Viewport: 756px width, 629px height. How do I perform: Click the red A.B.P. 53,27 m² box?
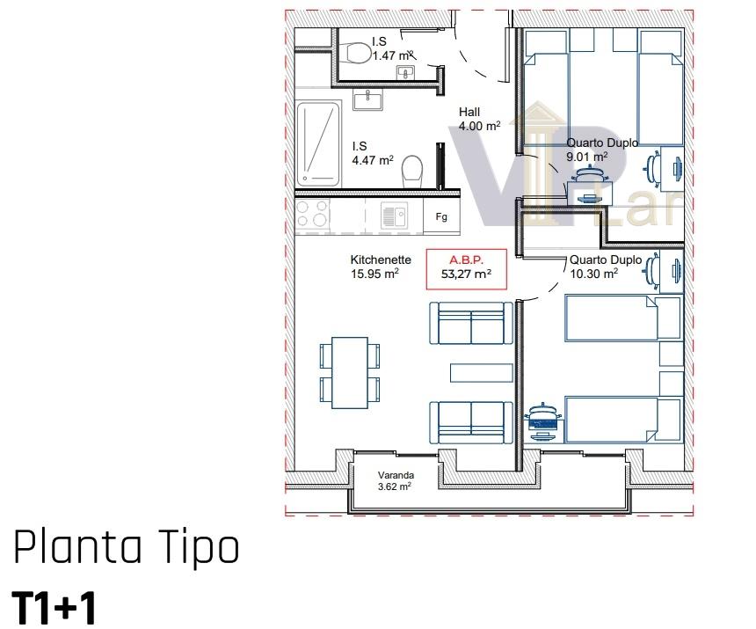[466, 269]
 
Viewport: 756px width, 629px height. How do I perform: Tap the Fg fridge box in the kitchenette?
[441, 217]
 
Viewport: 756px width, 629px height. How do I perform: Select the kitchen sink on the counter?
[394, 216]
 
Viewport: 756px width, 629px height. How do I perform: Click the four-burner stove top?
[312, 214]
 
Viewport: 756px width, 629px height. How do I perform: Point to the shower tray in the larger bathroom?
[317, 143]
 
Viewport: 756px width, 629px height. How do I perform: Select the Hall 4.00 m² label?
[479, 119]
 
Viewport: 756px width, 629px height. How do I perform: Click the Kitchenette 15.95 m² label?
[381, 267]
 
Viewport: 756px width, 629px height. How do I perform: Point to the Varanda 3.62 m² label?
[396, 481]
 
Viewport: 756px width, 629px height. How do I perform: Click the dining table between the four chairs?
[350, 372]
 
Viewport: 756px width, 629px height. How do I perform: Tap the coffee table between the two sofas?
[481, 373]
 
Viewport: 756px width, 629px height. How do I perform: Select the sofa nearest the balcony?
[471, 422]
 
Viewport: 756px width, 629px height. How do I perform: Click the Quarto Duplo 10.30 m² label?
[606, 267]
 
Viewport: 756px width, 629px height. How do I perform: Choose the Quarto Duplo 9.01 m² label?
[602, 150]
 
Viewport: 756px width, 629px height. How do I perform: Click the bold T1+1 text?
[54, 608]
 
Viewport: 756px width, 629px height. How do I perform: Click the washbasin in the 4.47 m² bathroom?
[367, 100]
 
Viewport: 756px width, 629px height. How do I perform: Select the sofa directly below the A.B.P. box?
[471, 323]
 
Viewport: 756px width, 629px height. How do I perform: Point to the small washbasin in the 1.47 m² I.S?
[405, 73]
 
